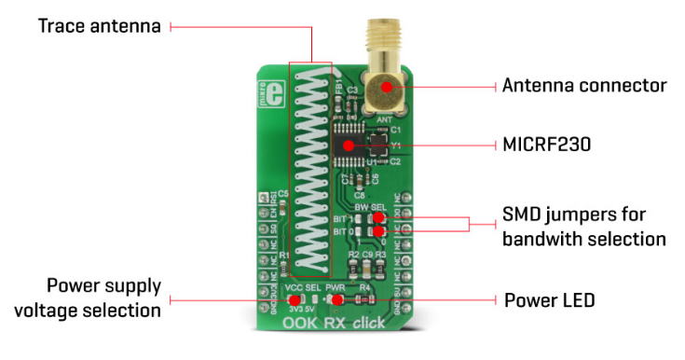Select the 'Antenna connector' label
(584, 86)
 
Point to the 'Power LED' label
(550, 300)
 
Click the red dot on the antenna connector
(386, 87)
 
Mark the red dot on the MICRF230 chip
(349, 145)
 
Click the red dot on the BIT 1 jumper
(376, 218)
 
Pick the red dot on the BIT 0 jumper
(376, 229)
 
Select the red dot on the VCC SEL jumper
(295, 300)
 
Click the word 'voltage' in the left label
(79, 307)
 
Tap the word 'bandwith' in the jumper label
(550, 239)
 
